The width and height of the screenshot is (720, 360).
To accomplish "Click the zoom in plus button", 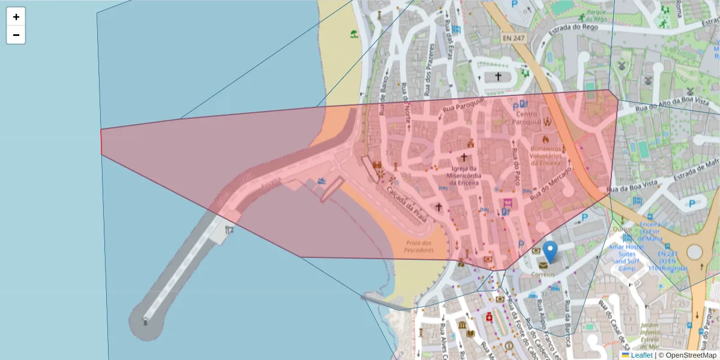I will pos(16,17).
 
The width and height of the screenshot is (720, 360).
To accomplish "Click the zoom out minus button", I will pos(16,35).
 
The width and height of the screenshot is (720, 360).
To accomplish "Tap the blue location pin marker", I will pos(550,251).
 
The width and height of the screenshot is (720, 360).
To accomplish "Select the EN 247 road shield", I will pos(513,38).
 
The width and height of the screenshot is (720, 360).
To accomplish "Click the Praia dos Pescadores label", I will pos(418,246).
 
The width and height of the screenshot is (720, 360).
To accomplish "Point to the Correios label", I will pos(543,274).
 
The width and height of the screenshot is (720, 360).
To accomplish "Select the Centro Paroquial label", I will pos(529,117).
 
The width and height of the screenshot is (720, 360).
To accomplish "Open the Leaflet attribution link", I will pos(641,355).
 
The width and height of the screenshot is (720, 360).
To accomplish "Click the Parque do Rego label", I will pos(593,16).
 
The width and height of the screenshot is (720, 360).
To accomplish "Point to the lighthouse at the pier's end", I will pos(145,321).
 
